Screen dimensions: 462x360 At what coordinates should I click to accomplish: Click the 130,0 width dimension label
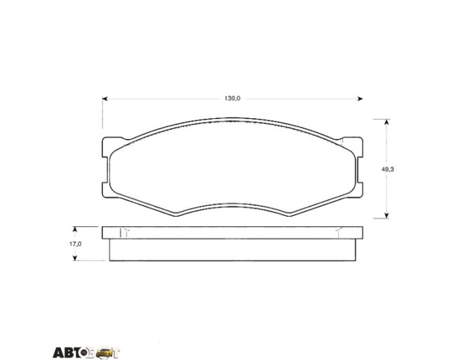click(x=232, y=98)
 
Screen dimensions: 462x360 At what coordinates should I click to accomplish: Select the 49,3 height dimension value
click(x=388, y=169)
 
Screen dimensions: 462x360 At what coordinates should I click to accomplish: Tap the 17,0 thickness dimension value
click(x=75, y=244)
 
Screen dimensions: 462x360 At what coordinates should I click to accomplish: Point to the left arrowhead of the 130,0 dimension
click(x=105, y=98)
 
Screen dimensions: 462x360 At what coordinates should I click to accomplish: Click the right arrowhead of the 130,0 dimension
click(x=360, y=98)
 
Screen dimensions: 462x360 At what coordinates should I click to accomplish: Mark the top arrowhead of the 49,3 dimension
click(x=387, y=122)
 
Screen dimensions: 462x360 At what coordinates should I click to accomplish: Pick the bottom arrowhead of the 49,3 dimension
click(x=387, y=215)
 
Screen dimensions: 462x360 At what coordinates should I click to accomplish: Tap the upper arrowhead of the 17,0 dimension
click(x=75, y=230)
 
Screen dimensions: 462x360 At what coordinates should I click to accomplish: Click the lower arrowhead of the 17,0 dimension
click(x=75, y=257)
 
